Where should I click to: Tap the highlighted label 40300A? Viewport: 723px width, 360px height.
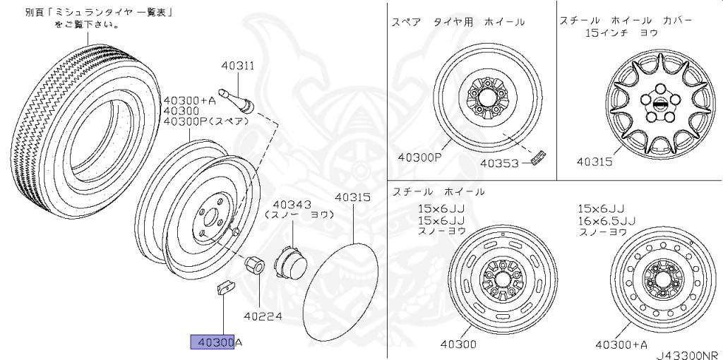[215, 342]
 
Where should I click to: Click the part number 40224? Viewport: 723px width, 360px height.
[263, 316]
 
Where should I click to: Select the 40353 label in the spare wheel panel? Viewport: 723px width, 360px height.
[500, 162]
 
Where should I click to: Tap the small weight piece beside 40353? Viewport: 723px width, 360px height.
[540, 157]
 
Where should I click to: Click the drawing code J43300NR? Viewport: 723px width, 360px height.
[685, 354]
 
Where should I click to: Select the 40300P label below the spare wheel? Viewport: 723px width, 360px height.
[418, 157]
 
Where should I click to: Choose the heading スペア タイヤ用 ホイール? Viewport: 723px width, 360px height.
[458, 22]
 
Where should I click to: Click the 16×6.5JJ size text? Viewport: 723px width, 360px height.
[607, 220]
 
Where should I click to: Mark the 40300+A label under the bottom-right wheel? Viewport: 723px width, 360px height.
[621, 344]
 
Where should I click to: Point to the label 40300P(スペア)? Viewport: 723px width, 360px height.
[206, 121]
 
